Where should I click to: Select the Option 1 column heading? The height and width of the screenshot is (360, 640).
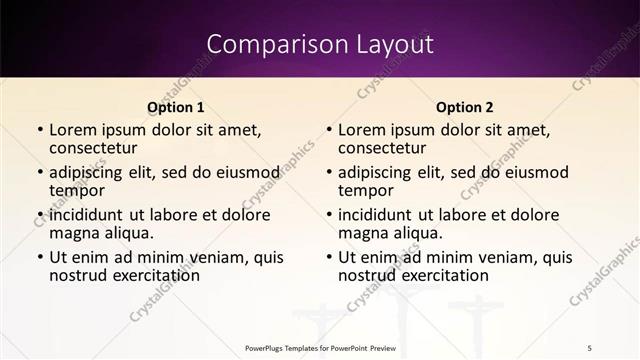(175, 107)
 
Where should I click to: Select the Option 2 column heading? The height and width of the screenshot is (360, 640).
(464, 107)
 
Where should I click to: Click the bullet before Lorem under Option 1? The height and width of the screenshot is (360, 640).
(39, 131)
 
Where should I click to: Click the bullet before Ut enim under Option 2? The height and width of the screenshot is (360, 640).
(328, 258)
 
